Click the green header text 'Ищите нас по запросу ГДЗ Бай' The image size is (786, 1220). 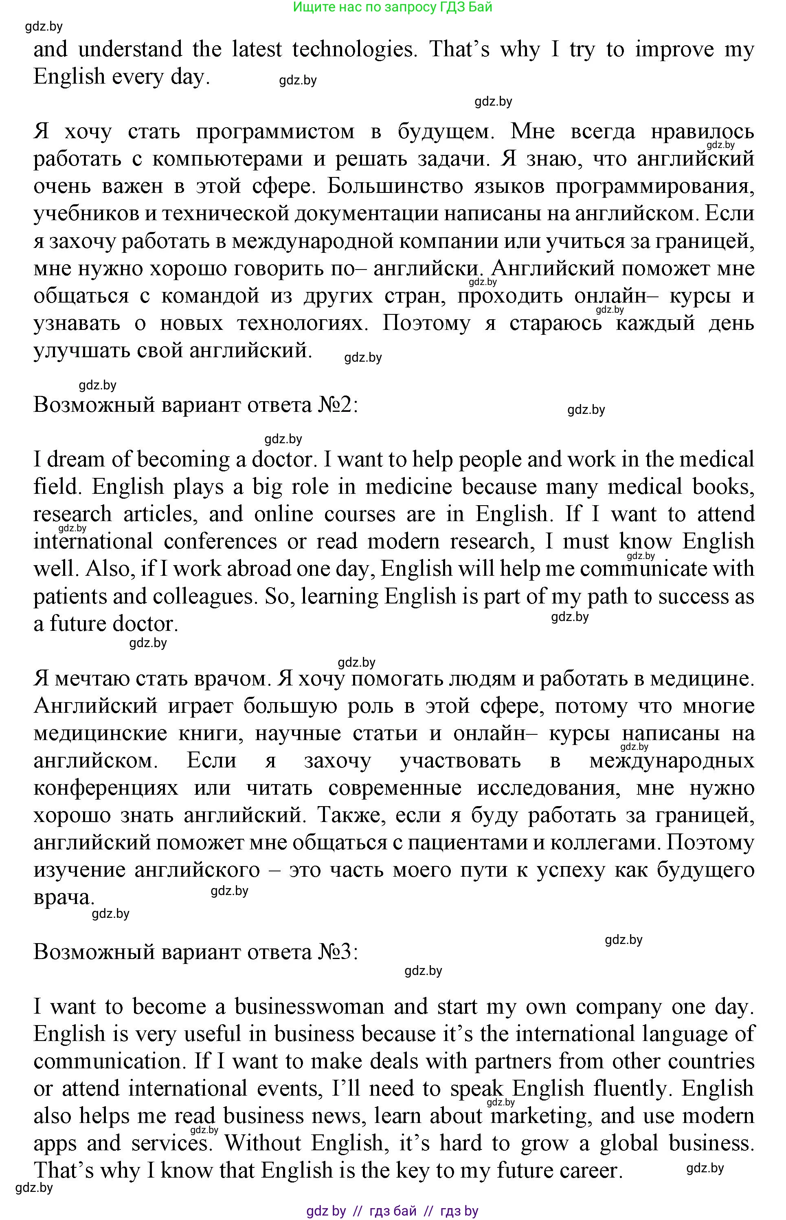click(x=393, y=7)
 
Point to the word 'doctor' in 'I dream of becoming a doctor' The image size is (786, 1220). click(x=282, y=459)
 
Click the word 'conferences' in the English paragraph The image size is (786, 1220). click(x=220, y=541)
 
